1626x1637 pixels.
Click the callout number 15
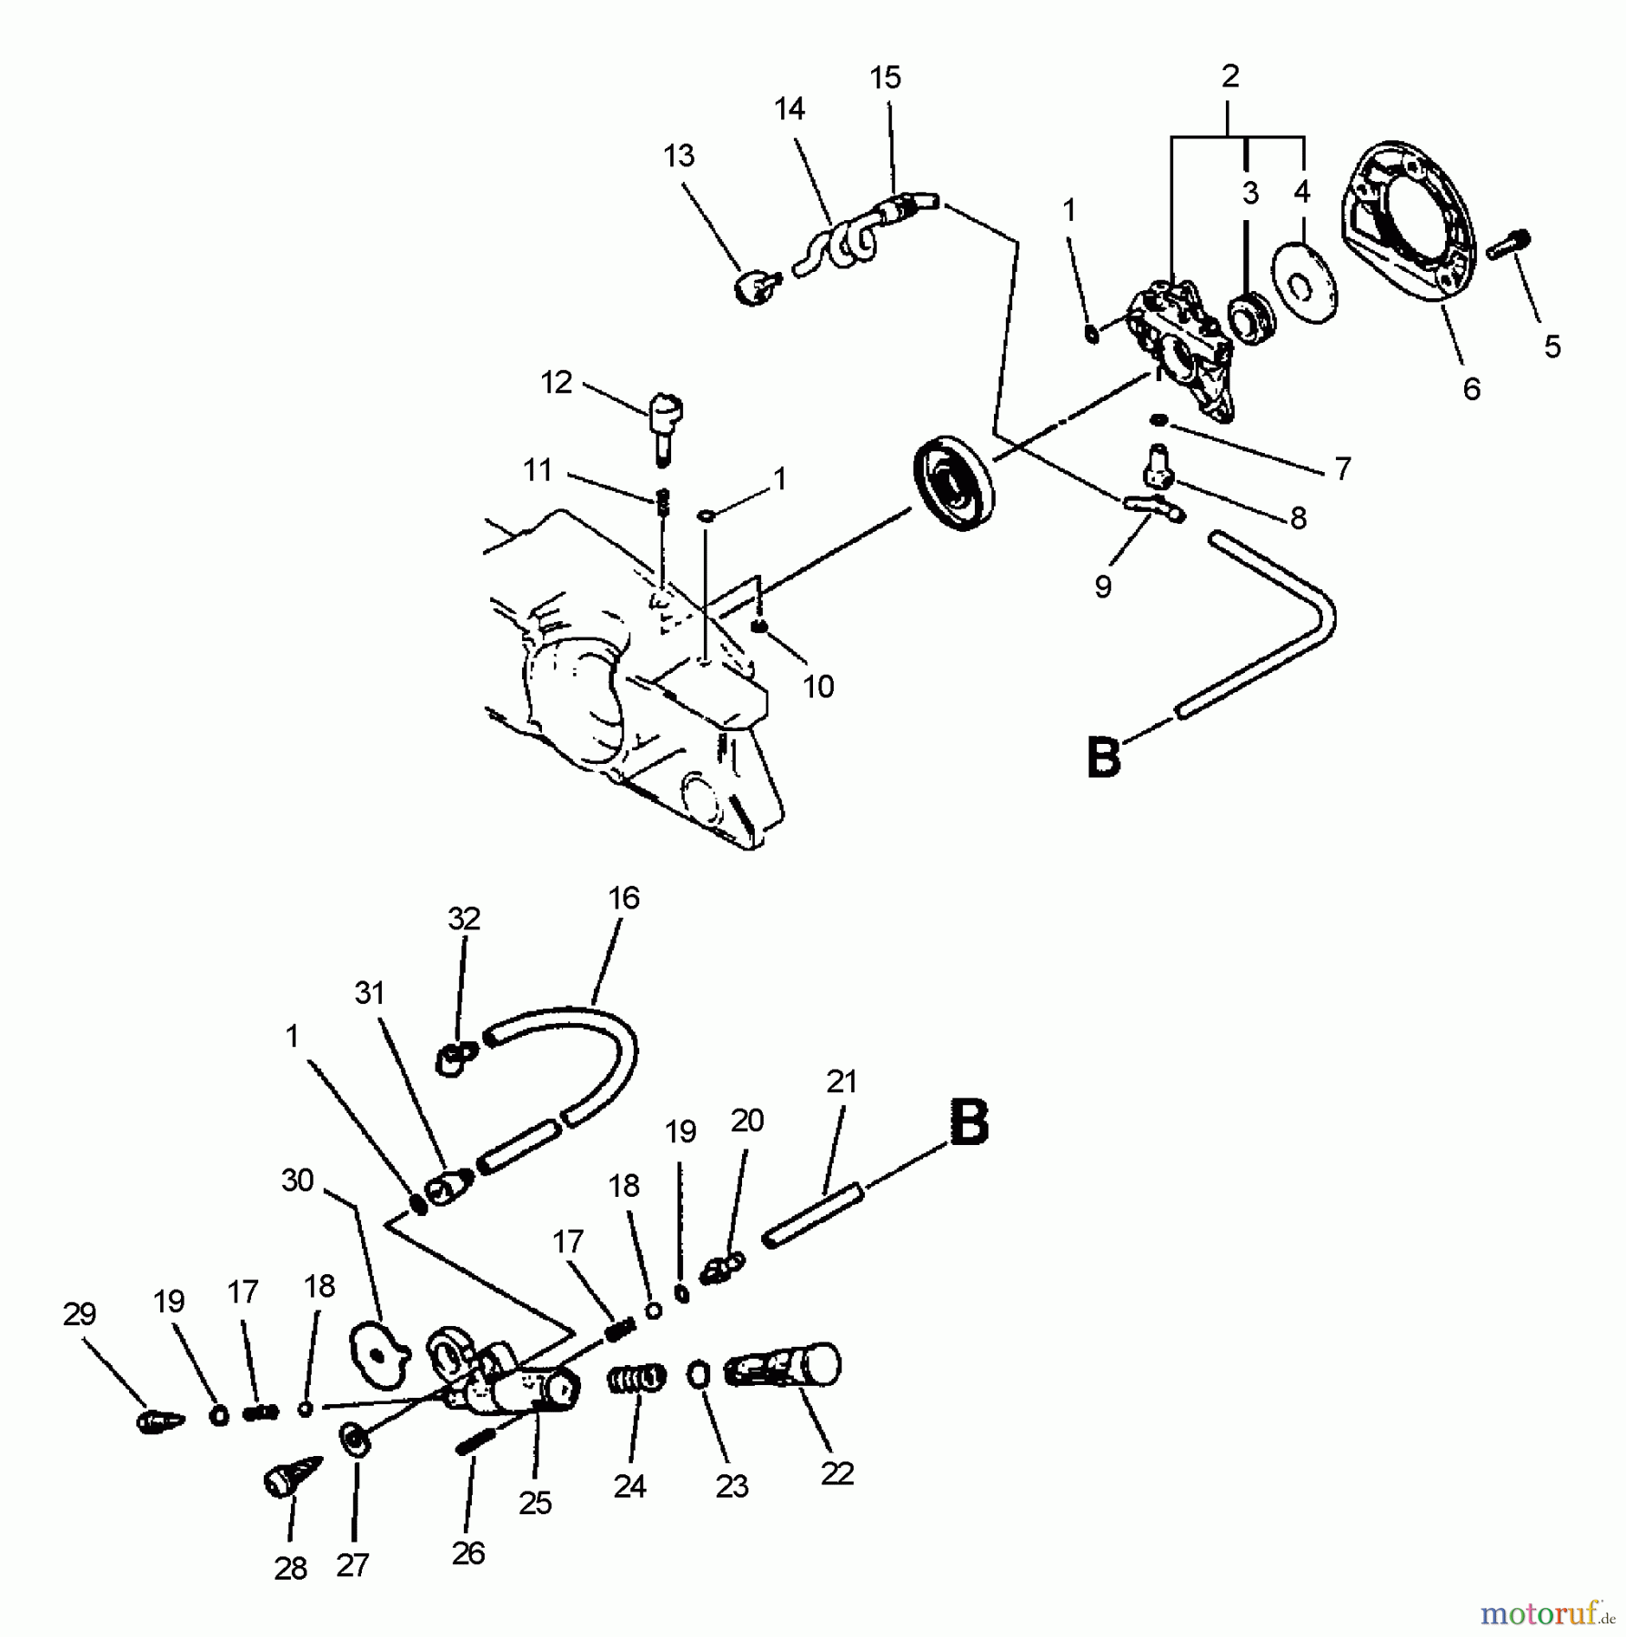tap(885, 78)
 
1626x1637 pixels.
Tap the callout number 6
tap(1471, 389)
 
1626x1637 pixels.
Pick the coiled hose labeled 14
tap(841, 244)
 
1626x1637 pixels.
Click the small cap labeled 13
tap(753, 290)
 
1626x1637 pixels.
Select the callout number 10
tap(818, 687)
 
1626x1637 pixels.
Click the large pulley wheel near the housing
tap(953, 488)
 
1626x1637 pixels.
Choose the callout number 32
tap(464, 919)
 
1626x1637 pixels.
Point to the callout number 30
tap(297, 1180)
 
